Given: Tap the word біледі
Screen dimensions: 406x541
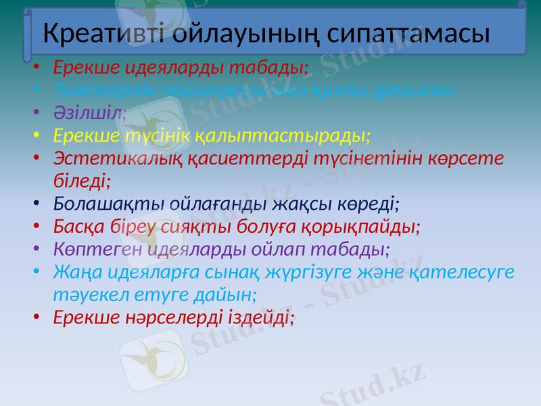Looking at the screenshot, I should (82, 181).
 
